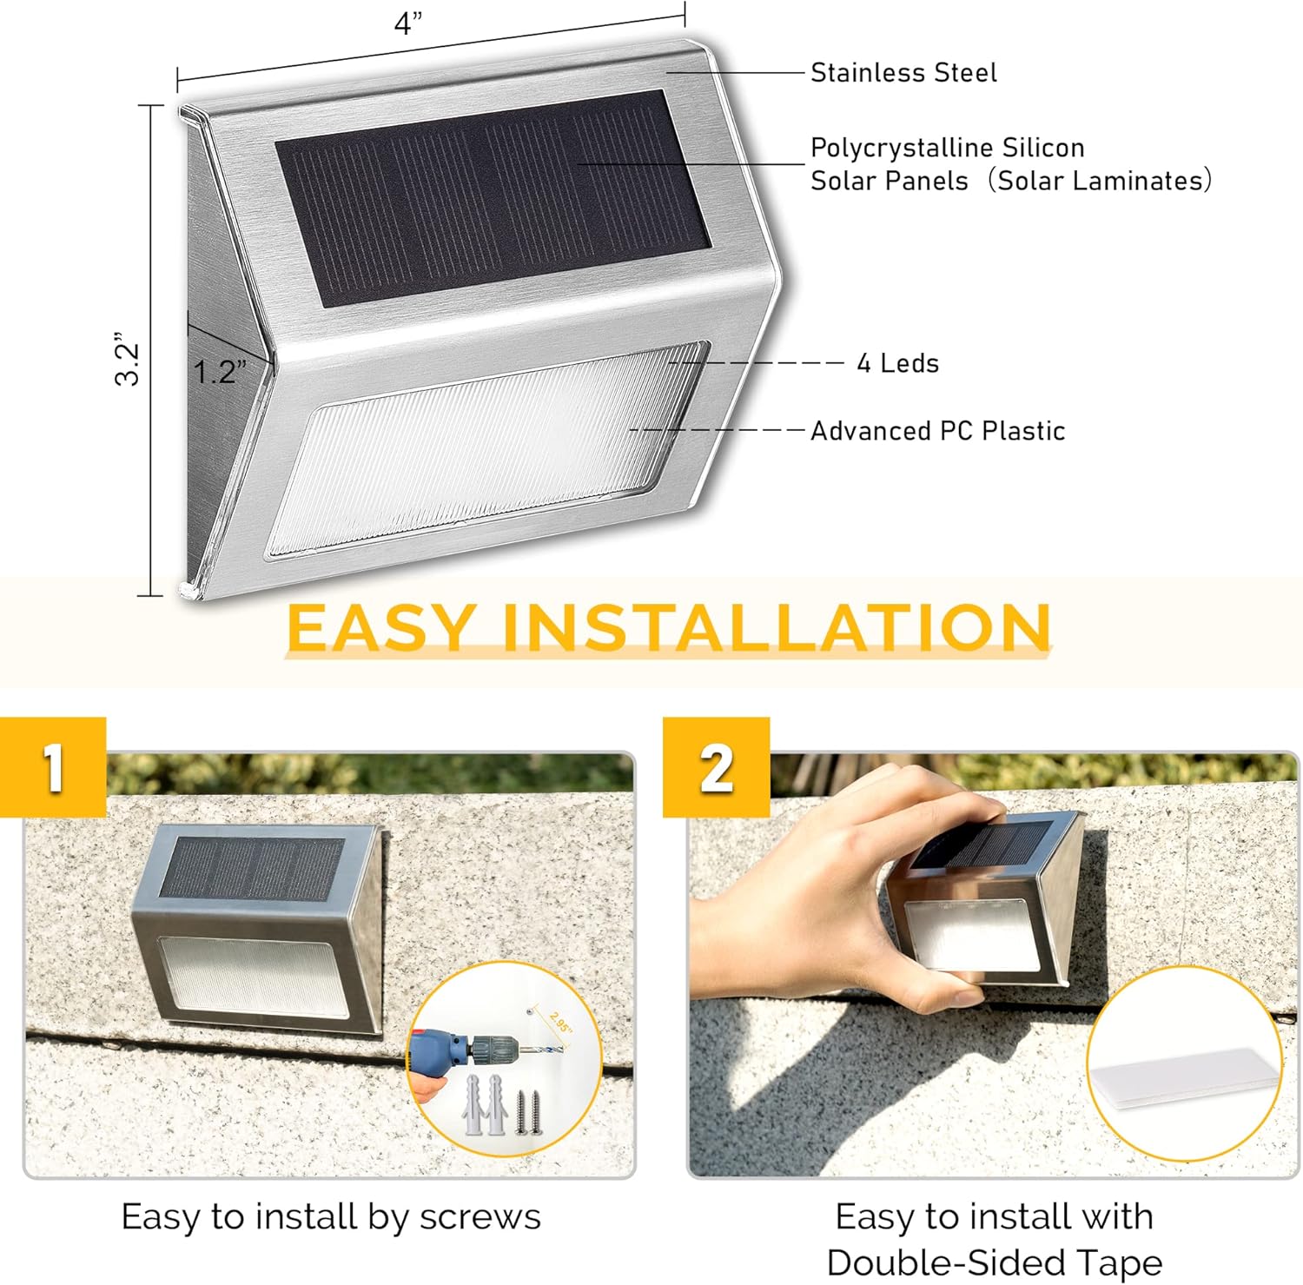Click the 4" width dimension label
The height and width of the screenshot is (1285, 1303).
point(408,23)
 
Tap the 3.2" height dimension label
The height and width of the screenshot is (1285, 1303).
point(128,358)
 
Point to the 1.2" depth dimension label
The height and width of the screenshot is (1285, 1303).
point(219,372)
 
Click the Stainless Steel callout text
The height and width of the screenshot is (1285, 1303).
point(903,73)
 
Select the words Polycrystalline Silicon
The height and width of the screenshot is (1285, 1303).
point(947,148)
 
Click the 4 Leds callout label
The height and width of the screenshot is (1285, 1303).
point(897,363)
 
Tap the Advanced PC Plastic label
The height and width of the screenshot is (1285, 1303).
point(937,431)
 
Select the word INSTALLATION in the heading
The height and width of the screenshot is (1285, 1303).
point(777,627)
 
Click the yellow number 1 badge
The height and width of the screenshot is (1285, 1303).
point(54,767)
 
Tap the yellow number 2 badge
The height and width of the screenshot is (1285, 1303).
point(716,767)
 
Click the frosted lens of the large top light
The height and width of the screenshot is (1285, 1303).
point(486,450)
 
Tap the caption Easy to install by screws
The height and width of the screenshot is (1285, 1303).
point(330,1216)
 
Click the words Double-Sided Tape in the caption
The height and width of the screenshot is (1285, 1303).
point(994,1262)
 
